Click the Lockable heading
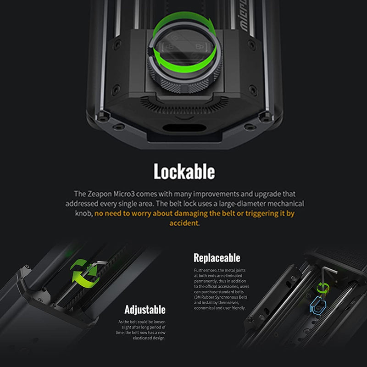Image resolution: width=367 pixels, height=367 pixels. tap(184, 171)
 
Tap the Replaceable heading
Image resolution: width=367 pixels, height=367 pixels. tap(217, 258)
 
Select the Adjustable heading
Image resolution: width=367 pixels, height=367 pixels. tap(145, 310)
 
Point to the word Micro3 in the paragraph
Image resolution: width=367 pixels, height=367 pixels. tap(124, 194)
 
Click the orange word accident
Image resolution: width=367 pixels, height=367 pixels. tap(184, 223)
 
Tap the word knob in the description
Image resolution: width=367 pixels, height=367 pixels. tap(83, 213)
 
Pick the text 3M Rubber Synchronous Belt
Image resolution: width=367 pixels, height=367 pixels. tap(221, 297)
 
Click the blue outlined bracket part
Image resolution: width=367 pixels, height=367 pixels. tap(318, 305)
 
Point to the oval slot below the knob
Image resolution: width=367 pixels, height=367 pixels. tap(184, 128)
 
